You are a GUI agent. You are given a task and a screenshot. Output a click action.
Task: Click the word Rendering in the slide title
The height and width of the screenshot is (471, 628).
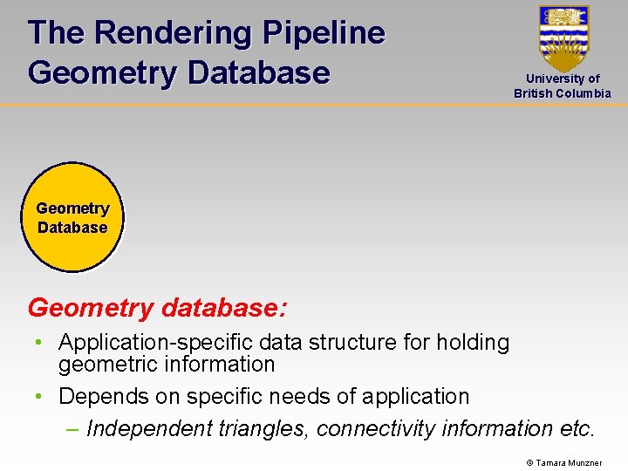point(170,33)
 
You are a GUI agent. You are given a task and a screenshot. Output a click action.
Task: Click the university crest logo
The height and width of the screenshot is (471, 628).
point(563,38)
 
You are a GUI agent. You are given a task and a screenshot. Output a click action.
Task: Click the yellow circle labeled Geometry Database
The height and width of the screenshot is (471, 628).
point(72,217)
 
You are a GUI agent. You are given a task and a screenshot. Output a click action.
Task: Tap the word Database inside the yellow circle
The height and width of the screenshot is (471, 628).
point(72,228)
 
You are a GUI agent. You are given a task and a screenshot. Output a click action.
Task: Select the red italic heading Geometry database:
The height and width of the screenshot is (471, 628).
point(158,308)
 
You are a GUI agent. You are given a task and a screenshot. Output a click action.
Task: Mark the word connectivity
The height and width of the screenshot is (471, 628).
point(376,428)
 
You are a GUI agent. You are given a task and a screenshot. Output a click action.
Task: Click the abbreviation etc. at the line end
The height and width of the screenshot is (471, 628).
point(577,428)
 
